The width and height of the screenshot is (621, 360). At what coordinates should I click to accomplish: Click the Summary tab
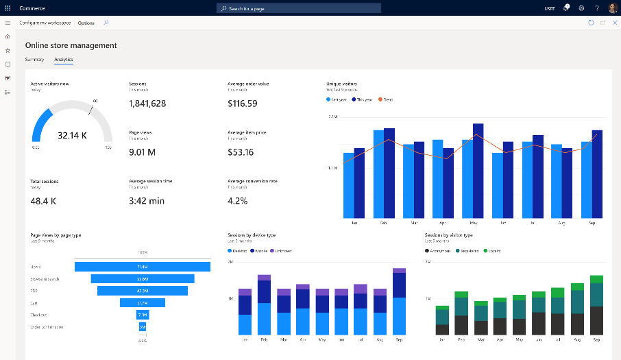coord(34,60)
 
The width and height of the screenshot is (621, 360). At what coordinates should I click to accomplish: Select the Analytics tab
coord(63,60)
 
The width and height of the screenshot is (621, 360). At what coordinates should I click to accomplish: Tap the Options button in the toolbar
coord(86,23)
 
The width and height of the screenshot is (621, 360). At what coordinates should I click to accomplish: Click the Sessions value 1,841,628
coord(147,104)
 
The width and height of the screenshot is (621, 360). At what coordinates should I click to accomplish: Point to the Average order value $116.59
coord(243,104)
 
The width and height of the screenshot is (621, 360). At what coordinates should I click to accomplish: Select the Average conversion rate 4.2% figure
coord(237,201)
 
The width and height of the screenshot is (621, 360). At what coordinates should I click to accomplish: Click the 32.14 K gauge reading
coord(72,135)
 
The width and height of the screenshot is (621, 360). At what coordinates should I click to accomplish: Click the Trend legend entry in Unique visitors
coord(387,99)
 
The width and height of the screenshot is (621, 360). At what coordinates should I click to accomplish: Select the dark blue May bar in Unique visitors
coord(478,170)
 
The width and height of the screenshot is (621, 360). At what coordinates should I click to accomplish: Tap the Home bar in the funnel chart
coord(143,267)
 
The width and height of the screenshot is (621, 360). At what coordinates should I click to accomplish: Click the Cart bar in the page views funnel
coord(143,302)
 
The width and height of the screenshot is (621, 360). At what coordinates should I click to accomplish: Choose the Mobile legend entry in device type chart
coord(260,251)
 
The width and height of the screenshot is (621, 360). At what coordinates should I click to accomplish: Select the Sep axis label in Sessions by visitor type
coord(596,339)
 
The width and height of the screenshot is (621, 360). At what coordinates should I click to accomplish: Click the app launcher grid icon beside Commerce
coord(8,8)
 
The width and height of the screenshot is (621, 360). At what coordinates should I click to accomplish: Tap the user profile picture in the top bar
coord(612,8)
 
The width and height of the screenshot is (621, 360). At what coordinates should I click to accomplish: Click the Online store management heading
coord(71,45)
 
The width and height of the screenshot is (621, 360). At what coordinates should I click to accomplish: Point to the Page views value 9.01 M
coord(142,152)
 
